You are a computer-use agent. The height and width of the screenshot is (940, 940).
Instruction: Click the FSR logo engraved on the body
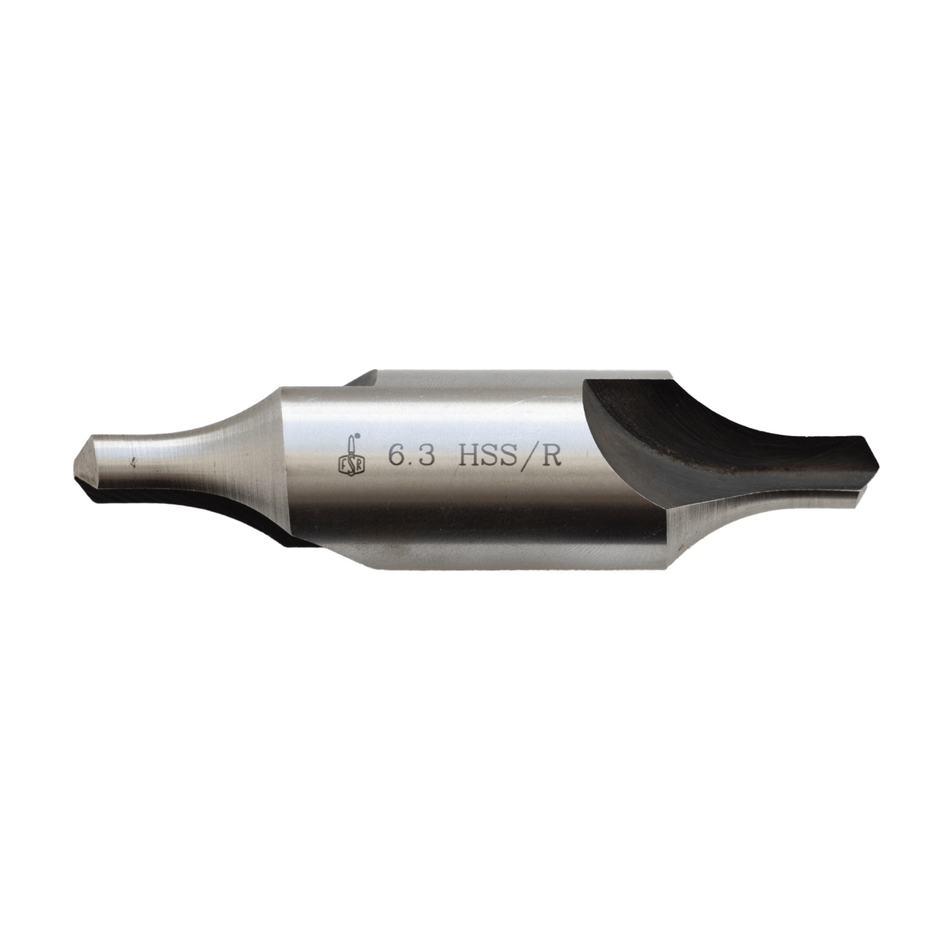347,455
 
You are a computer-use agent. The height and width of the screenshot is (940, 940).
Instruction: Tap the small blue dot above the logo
357,435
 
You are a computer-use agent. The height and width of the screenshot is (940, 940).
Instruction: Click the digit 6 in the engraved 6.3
397,458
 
